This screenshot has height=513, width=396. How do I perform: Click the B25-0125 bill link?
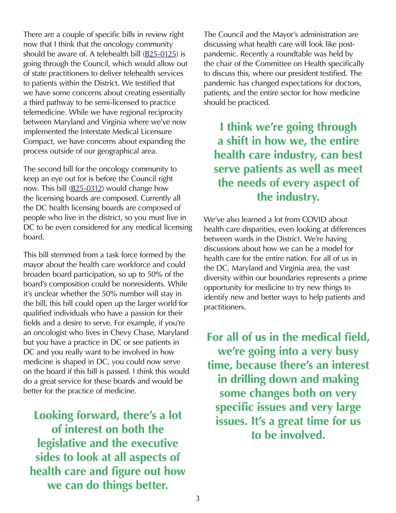click(x=160, y=54)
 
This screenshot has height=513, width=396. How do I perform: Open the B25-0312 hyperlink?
click(x=86, y=188)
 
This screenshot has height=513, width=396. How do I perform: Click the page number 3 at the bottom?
click(x=198, y=498)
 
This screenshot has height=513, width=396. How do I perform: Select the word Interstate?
click(x=95, y=132)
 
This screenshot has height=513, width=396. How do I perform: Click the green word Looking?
click(x=53, y=415)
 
